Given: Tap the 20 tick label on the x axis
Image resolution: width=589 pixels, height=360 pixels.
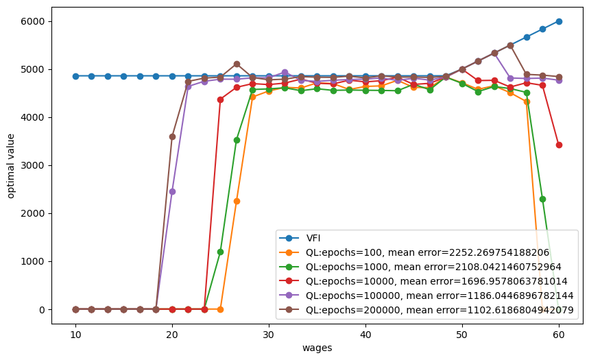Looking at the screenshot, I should pyautogui.click(x=172, y=335).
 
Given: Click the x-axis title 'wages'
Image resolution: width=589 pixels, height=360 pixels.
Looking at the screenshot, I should pyautogui.click(x=317, y=348).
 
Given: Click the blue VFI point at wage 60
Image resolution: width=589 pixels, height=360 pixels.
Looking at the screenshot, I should pyautogui.click(x=559, y=21).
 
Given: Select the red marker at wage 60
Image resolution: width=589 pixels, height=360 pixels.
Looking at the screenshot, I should pyautogui.click(x=559, y=145).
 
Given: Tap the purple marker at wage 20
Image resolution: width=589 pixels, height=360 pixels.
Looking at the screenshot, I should pyautogui.click(x=172, y=191).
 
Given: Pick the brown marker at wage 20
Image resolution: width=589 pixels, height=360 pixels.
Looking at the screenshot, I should pyautogui.click(x=172, y=136).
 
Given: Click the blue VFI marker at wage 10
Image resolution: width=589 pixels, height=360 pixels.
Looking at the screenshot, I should pyautogui.click(x=75, y=76).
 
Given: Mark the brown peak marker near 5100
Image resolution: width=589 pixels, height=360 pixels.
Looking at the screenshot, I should pyautogui.click(x=237, y=64).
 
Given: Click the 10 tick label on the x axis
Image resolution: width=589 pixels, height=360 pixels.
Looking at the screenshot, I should pyautogui.click(x=75, y=335).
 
